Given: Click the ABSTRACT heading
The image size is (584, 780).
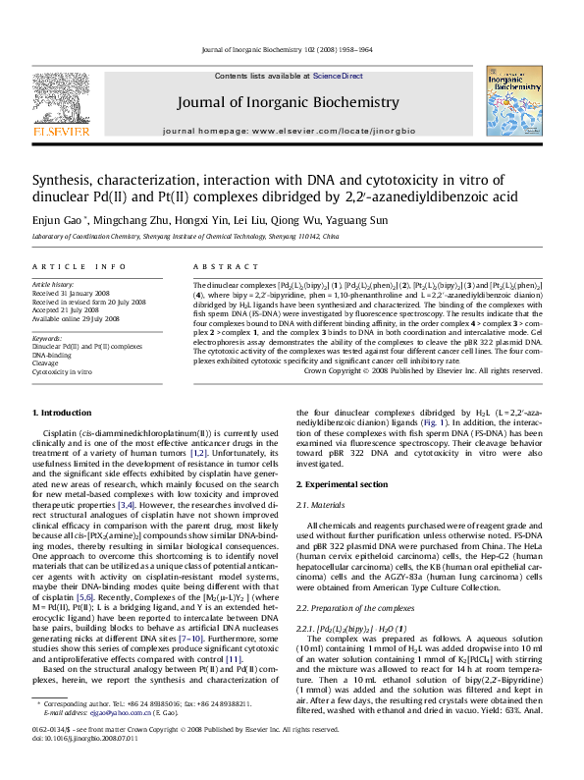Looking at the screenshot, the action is point(217,267).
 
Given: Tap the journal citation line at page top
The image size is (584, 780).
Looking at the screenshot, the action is point(293,48).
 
